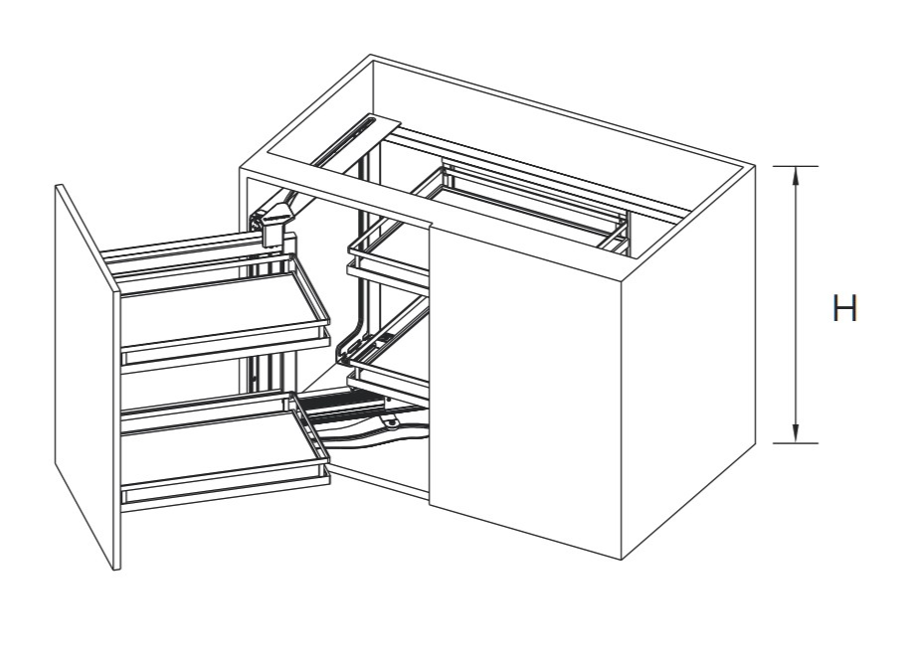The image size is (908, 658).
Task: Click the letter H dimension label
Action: pyautogui.click(x=844, y=308)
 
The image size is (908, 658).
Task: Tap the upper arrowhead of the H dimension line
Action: pyautogui.click(x=796, y=175)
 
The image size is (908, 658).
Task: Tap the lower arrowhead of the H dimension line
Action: pyautogui.click(x=796, y=434)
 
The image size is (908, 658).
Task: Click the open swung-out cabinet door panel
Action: pyautogui.click(x=89, y=376)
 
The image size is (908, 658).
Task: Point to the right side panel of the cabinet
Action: pyautogui.click(x=688, y=362)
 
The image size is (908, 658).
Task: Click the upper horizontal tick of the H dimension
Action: pyautogui.click(x=796, y=166)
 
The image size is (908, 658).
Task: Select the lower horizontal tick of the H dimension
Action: pyautogui.click(x=796, y=443)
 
